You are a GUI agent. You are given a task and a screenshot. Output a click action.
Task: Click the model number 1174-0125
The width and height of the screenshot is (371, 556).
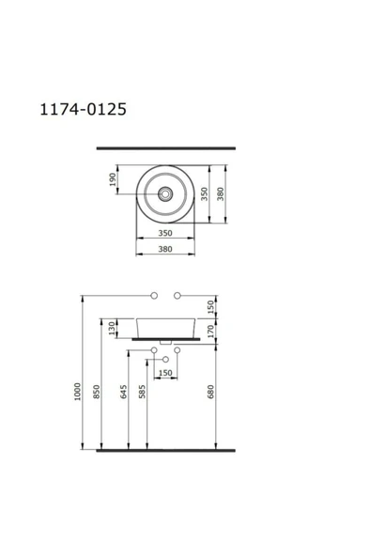(x=83, y=109)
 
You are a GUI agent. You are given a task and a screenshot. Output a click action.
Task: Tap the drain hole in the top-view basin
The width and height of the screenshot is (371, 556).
(x=165, y=194)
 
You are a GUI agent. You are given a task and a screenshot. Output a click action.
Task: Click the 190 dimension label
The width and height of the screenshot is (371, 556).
(x=113, y=179)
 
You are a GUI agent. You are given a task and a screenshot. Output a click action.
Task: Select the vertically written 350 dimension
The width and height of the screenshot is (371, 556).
(x=205, y=194)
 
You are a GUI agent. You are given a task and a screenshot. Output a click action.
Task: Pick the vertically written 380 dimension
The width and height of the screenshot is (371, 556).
(x=221, y=194)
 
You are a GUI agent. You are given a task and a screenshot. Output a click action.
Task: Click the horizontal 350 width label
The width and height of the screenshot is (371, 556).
(x=165, y=233)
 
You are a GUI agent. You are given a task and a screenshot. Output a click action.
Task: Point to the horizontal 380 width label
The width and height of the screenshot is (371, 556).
(x=165, y=249)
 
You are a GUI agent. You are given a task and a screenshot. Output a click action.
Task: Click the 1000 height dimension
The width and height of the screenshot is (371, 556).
(x=77, y=392)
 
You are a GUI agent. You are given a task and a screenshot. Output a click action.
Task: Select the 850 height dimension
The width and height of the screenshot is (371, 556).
(x=97, y=392)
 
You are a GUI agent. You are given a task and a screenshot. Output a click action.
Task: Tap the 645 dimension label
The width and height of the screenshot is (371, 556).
(x=123, y=392)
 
